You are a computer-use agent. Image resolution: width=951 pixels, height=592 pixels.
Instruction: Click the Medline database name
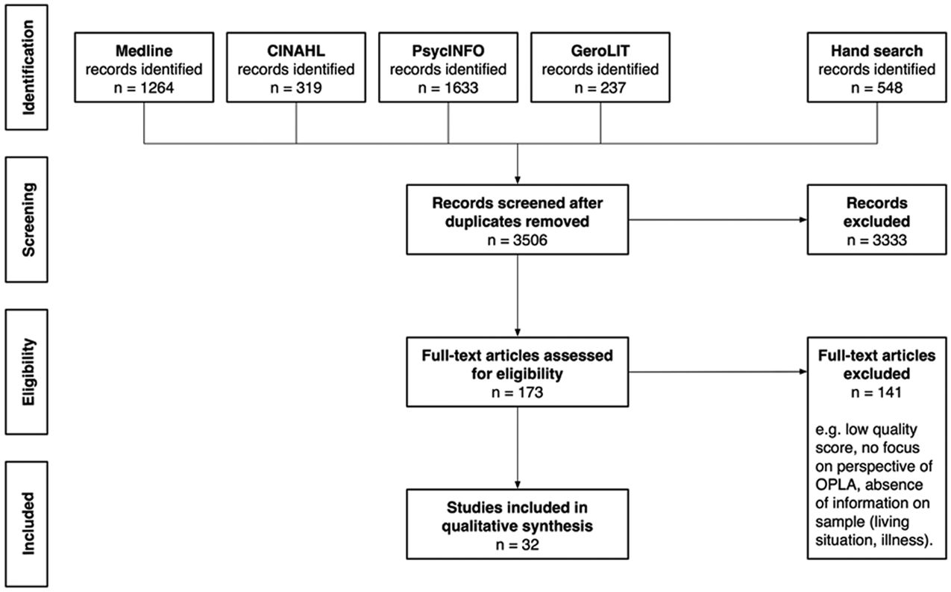tap(144, 51)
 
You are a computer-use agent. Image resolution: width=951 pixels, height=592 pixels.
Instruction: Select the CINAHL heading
tap(296, 51)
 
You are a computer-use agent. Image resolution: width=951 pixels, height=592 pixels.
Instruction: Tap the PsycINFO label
tap(448, 51)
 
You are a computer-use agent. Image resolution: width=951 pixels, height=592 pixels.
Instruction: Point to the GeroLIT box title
tap(600, 51)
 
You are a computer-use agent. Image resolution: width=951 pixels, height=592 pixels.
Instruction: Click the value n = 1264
tap(144, 88)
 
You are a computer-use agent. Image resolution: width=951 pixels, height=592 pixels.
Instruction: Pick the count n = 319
tap(296, 88)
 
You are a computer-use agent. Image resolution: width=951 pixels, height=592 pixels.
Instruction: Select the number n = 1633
tap(448, 88)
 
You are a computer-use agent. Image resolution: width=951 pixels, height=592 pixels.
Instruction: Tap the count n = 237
tap(600, 88)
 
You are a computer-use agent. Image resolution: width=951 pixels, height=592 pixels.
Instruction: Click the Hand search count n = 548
tap(876, 88)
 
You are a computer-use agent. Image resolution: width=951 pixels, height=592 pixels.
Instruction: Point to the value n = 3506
tap(517, 240)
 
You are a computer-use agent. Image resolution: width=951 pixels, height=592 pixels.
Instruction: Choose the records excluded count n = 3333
tap(876, 240)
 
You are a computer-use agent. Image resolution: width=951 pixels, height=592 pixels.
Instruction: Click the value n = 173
tap(517, 392)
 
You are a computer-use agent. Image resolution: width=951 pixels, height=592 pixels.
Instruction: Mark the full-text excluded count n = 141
tap(876, 392)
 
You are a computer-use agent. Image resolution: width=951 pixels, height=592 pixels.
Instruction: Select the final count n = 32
tap(517, 545)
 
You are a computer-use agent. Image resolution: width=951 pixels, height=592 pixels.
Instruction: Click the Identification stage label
tap(28, 68)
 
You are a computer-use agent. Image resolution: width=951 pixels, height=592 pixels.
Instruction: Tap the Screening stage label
tap(28, 219)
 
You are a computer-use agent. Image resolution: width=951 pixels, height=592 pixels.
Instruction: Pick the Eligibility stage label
tap(28, 372)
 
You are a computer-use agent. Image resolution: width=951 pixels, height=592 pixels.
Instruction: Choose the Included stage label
tap(28, 523)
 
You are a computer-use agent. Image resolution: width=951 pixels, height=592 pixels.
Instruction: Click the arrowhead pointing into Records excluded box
tap(803, 219)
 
